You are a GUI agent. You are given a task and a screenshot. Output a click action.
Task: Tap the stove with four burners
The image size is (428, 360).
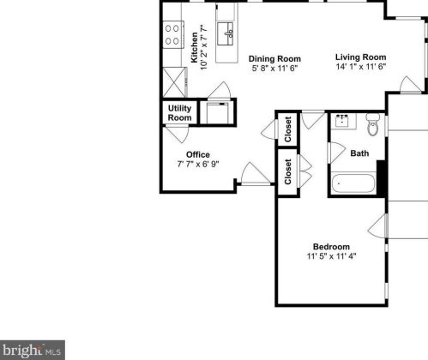(x=172, y=33)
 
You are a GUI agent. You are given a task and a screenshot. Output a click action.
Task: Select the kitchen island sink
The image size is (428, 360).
(x=228, y=35)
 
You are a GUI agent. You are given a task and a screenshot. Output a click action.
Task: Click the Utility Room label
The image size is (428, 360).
(x=179, y=112)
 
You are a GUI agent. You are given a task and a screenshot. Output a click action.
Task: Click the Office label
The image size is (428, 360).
(x=198, y=154)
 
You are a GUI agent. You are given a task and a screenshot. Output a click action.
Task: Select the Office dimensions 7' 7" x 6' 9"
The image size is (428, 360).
(x=198, y=164)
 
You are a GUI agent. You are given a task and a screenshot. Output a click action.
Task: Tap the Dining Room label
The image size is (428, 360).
(x=274, y=59)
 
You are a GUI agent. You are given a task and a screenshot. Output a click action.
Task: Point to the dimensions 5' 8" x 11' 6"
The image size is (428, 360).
(x=274, y=69)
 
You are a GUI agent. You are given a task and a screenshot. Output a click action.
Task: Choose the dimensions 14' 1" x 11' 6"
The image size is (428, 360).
(x=360, y=67)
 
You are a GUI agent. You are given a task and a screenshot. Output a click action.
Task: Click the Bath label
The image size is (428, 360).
(x=359, y=153)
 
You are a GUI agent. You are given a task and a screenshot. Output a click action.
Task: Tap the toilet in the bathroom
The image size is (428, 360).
(x=371, y=125)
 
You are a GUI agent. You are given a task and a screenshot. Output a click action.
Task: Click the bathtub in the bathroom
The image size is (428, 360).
(x=353, y=183)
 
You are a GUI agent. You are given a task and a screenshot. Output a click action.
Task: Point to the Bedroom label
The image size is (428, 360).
(x=331, y=245)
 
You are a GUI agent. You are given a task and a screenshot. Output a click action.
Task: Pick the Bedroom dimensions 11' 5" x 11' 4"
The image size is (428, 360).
(x=331, y=255)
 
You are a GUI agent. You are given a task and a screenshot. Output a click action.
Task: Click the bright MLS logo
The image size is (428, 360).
(x=33, y=350)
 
